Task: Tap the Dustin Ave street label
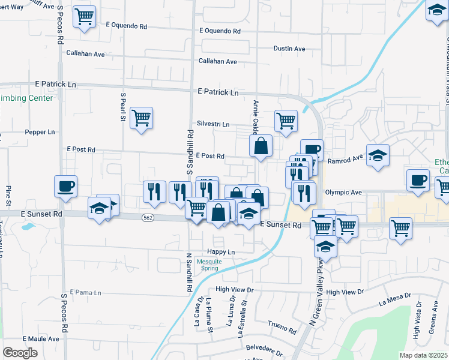(289, 49)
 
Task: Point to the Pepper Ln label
(40, 131)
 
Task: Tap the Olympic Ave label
(343, 193)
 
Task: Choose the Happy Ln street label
(220, 251)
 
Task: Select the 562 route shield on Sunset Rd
(148, 218)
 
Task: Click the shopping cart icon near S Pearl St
(141, 117)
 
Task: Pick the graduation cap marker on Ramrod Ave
(378, 155)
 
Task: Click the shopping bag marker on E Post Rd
(261, 145)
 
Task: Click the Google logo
(20, 353)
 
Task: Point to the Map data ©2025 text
(423, 355)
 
